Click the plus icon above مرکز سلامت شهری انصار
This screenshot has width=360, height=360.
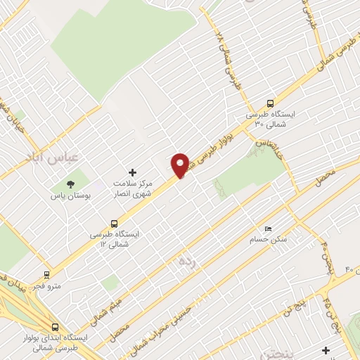click(131, 172)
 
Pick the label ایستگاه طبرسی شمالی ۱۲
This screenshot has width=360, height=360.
click(115, 237)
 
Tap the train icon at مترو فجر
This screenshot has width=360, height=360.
click(47, 275)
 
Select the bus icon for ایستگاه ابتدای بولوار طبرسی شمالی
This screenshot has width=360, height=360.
click(55, 326)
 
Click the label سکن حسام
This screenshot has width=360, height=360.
click(271, 240)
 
